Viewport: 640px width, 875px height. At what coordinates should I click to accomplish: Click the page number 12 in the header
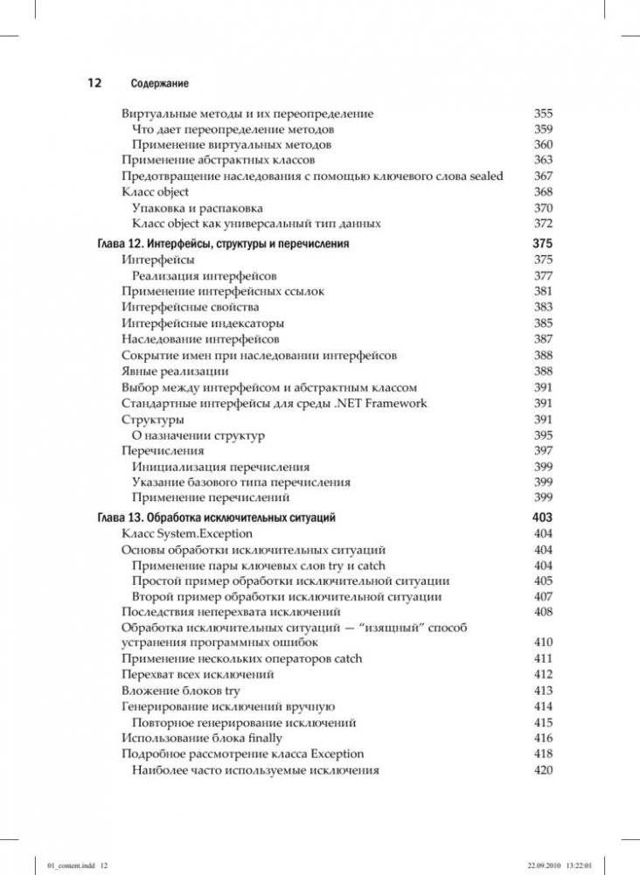click(94, 83)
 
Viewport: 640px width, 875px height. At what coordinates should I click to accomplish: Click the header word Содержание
click(160, 84)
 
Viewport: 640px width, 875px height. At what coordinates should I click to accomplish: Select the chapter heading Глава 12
click(223, 244)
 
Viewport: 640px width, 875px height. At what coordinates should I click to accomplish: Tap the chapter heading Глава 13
click(216, 517)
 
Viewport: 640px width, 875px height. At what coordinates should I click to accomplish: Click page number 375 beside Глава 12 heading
click(542, 244)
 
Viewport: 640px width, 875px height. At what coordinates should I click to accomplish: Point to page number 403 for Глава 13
click(542, 517)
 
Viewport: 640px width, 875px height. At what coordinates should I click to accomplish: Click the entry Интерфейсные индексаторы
click(203, 323)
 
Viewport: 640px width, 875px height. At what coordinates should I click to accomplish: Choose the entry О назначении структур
click(198, 435)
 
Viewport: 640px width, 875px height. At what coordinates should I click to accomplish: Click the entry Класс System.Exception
click(187, 533)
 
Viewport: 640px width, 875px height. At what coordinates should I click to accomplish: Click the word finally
click(259, 738)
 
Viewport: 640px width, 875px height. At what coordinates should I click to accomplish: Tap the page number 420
click(543, 770)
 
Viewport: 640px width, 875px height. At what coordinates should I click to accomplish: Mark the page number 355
click(543, 114)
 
